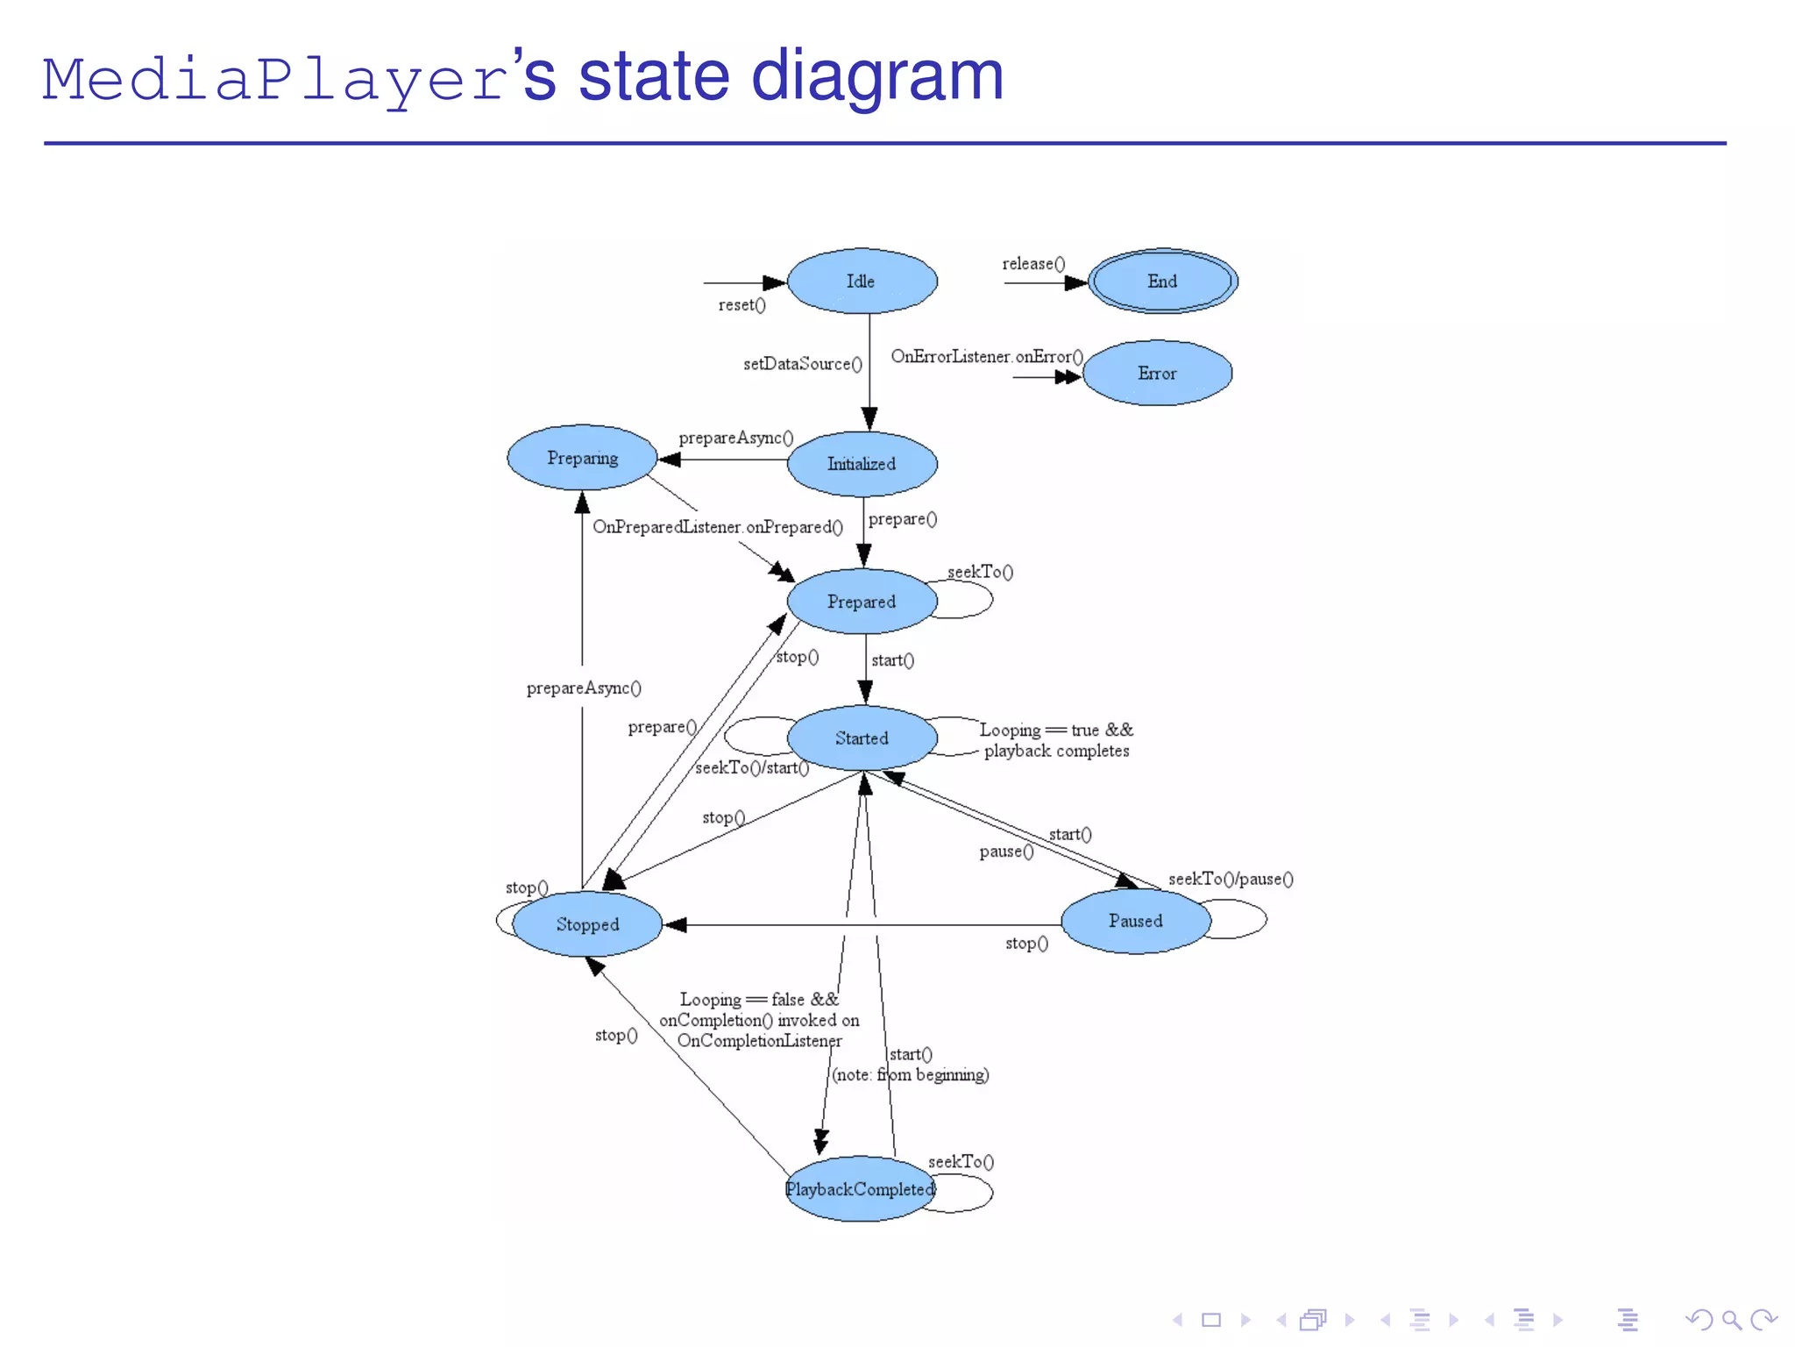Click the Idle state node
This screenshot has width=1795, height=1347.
coord(862,282)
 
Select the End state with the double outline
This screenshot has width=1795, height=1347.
coord(1162,282)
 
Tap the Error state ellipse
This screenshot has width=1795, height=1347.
coord(1157,374)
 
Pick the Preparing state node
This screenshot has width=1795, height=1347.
coord(582,458)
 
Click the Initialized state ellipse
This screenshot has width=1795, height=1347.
coord(862,464)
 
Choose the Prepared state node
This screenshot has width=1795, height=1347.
coord(862,602)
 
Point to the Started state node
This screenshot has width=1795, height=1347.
coord(862,738)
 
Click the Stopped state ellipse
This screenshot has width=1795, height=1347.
coord(587,924)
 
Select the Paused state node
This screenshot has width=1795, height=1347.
coord(1135,921)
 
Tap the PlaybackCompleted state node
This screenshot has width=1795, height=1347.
coord(860,1189)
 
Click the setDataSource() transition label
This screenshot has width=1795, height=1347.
coord(802,364)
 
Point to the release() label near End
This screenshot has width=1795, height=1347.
coord(1033,264)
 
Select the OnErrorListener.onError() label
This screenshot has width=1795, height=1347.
coord(987,357)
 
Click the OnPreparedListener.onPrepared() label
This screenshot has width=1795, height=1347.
coord(717,527)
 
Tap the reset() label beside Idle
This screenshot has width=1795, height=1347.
coord(741,305)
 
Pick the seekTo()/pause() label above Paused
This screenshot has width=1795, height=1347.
coord(1230,879)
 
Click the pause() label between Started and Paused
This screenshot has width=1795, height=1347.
coord(1006,852)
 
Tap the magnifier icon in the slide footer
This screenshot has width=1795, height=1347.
coord(1731,1320)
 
